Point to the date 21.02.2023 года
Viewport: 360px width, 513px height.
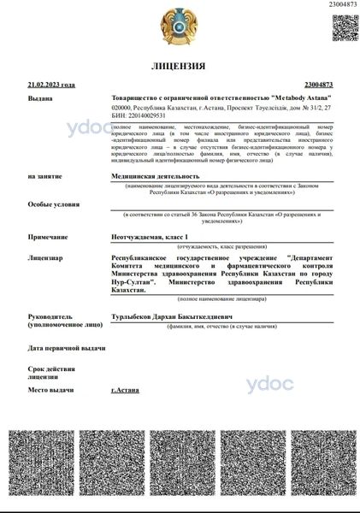(x=51, y=85)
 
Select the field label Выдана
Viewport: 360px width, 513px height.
(x=40, y=98)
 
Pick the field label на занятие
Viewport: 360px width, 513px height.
(x=44, y=175)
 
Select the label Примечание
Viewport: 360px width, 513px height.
(x=48, y=235)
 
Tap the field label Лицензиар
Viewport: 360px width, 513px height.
(x=45, y=256)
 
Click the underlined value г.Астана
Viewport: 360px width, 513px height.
(x=126, y=389)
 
